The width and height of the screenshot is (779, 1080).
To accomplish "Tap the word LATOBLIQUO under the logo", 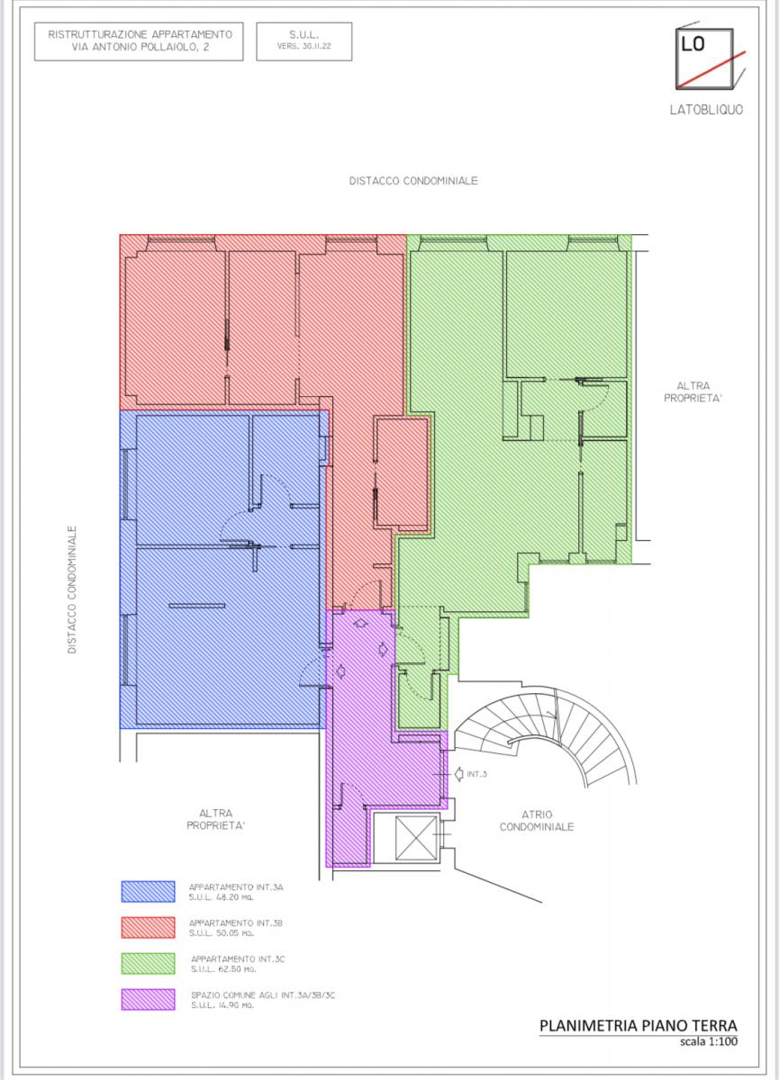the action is [706, 110].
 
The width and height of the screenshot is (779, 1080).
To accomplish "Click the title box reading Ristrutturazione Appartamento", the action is [139, 41].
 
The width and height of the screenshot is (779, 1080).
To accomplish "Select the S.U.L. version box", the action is [303, 41].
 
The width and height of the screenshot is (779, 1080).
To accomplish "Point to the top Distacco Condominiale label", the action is [413, 181].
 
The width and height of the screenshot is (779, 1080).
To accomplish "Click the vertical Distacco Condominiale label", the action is [72, 589].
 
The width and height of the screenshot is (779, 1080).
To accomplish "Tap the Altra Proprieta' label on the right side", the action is [693, 392].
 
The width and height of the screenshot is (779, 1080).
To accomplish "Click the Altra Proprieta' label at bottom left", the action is [215, 819].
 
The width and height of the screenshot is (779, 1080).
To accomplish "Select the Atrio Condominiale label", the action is [537, 821].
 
